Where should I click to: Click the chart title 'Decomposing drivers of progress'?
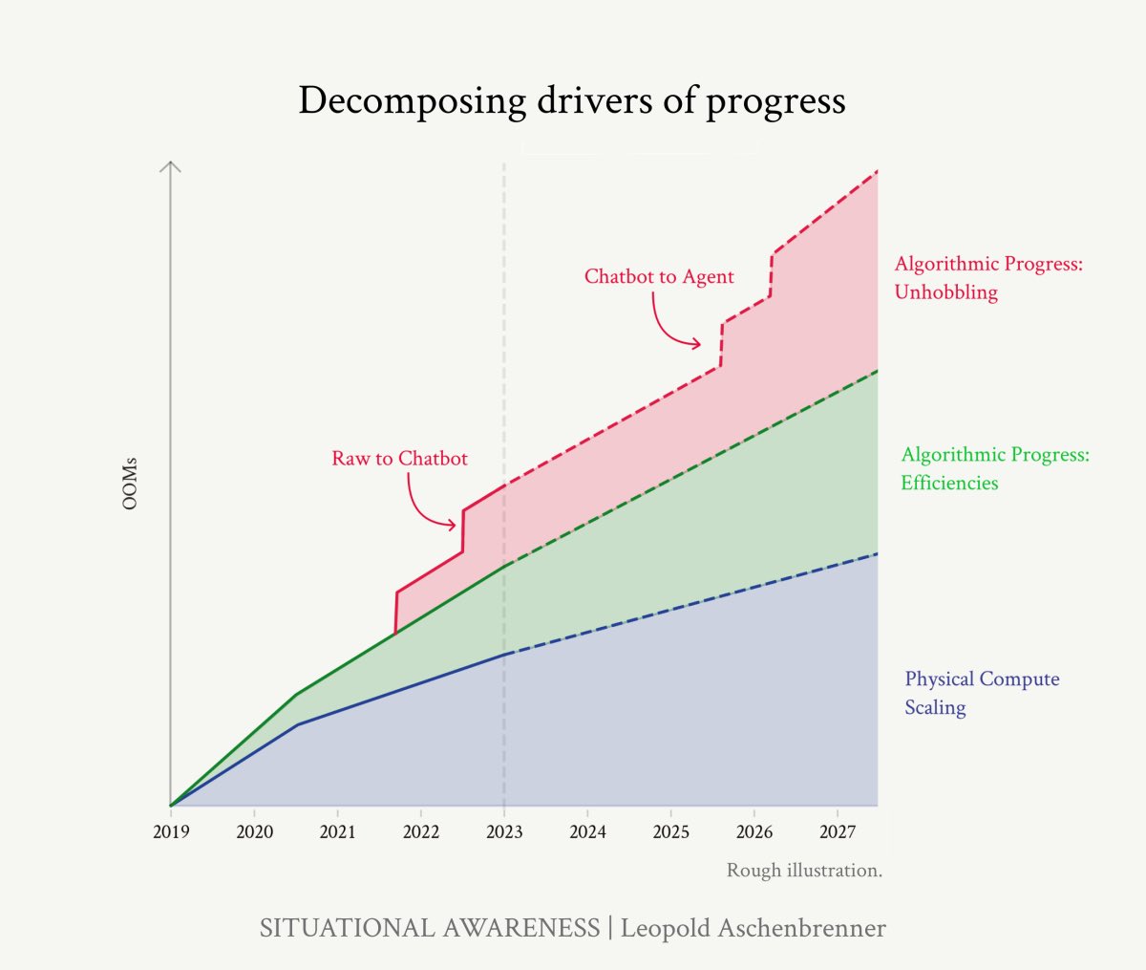coord(571,100)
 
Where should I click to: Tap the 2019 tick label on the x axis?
coord(171,831)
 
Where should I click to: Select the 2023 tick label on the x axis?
coord(504,831)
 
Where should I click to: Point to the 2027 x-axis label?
coord(838,831)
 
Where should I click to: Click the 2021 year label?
coord(337,831)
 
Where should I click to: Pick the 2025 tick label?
coord(670,831)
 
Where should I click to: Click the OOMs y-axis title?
coord(131,484)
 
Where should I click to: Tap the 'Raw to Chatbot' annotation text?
coord(399,459)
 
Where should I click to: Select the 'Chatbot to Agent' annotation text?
coord(659,277)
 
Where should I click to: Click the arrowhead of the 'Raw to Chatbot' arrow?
coord(454,525)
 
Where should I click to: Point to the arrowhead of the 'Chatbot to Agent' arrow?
coord(697,344)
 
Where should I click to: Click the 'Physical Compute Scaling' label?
coord(982,693)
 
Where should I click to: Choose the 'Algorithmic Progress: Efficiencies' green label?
coord(994,468)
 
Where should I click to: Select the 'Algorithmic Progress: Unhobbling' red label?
coord(988,278)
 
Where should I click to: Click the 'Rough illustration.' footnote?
coord(804,871)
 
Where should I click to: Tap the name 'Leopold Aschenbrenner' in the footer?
coord(753,928)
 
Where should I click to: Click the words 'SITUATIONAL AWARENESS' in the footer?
coord(429,928)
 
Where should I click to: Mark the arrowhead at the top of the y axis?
coord(170,165)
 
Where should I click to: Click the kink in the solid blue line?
coord(298,724)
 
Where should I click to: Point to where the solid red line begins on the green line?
coord(395,634)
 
